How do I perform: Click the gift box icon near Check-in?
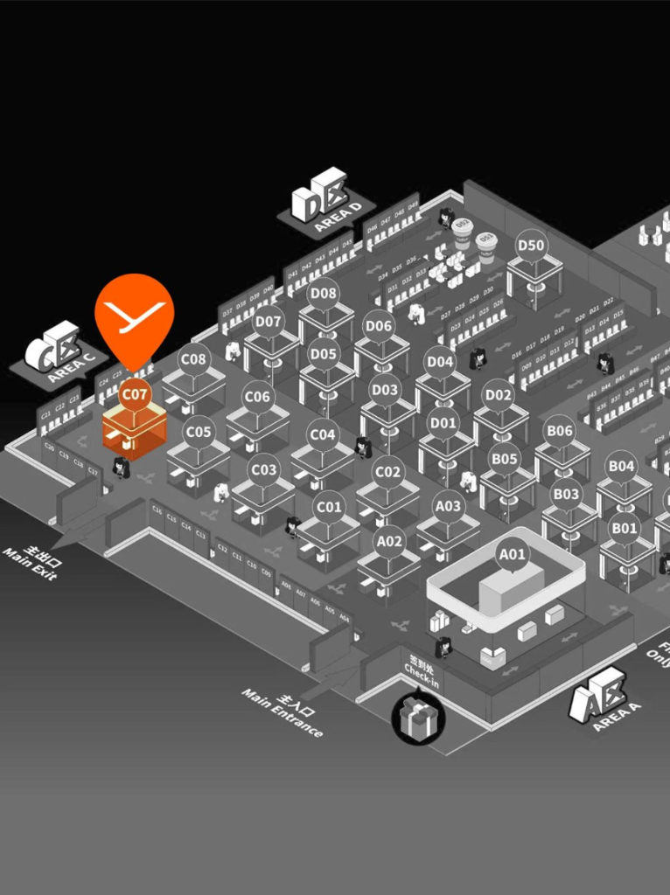coord(418,719)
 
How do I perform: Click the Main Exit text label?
coord(31,564)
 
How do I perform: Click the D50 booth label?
coord(531,246)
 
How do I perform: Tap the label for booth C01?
coord(329,506)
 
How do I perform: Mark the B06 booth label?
coord(559,430)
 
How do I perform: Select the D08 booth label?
coord(324,293)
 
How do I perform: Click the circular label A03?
coord(449,506)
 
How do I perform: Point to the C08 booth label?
coord(193,358)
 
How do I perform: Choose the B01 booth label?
coord(624,527)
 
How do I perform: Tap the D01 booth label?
coord(443,423)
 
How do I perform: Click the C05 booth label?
coord(199,432)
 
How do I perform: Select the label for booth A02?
coord(389,541)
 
